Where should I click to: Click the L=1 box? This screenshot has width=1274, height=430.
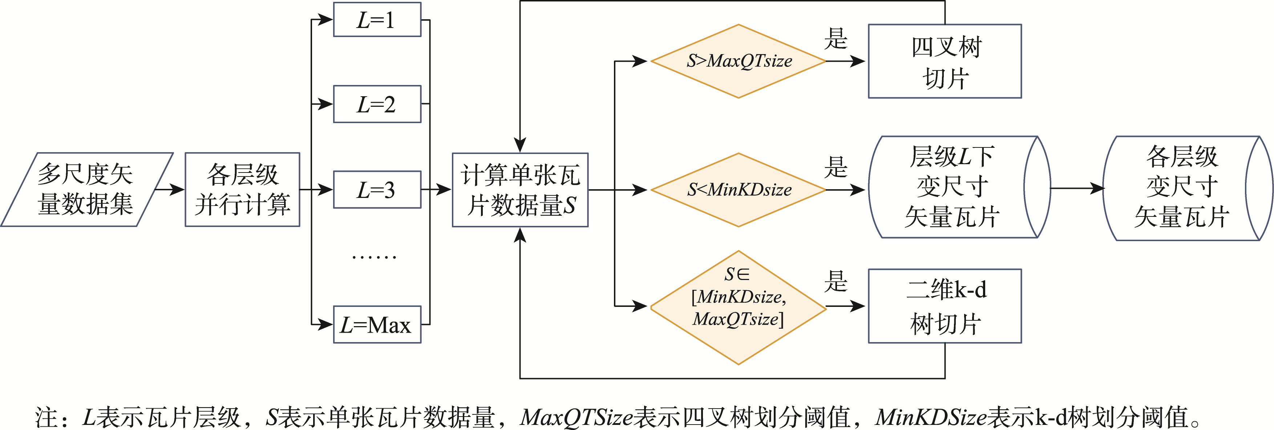click(377, 20)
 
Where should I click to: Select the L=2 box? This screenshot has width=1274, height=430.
click(377, 104)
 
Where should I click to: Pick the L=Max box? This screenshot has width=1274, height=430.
click(377, 325)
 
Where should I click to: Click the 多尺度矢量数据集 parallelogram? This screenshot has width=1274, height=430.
click(86, 189)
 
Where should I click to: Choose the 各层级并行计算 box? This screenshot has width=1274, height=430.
click(242, 189)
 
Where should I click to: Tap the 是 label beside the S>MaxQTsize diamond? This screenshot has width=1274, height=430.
click(836, 38)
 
